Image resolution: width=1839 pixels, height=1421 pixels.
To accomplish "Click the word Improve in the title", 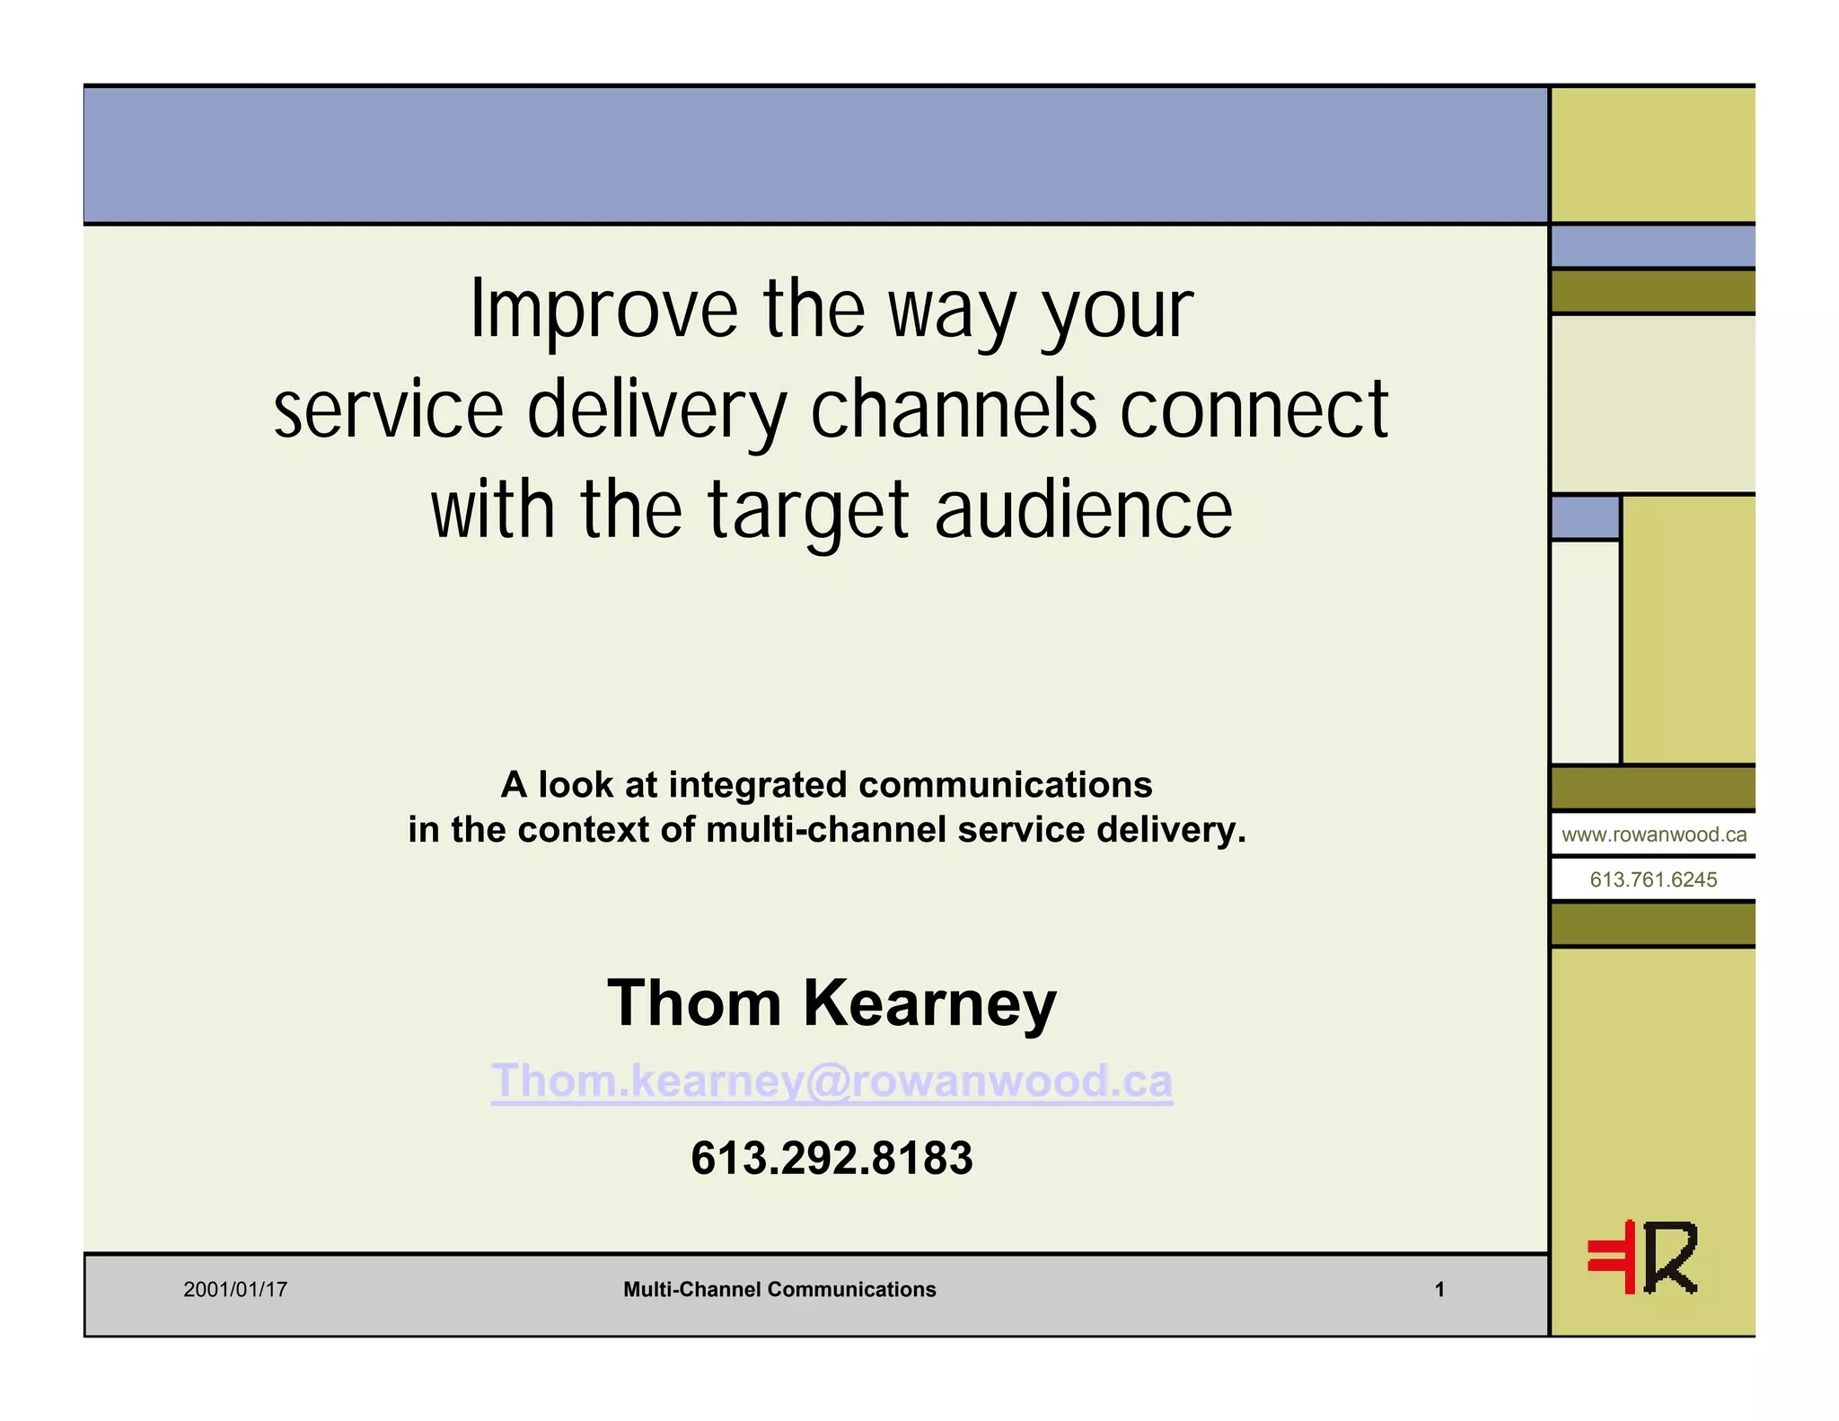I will [603, 310].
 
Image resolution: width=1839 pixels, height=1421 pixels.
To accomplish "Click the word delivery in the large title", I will [656, 411].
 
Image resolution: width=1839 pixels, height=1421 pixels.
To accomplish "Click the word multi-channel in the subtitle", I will [825, 830].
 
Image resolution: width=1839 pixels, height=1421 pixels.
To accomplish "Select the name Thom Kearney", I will [832, 1002].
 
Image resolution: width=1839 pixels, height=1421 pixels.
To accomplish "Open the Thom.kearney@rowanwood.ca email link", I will [832, 1081].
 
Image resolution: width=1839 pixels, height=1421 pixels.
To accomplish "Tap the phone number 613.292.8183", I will [832, 1158].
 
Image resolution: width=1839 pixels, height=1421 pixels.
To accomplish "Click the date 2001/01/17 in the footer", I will [235, 1290].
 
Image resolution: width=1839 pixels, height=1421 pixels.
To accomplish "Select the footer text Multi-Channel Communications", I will [779, 1290].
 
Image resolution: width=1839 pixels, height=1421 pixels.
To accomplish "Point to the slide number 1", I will [1439, 1290].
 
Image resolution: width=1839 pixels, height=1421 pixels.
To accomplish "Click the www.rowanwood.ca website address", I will [1654, 834].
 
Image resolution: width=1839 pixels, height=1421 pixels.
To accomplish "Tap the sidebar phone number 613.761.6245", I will [1653, 879].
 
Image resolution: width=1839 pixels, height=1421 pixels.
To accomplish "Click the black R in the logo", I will [1671, 1258].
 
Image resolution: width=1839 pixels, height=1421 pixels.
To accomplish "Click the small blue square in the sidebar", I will [1585, 517].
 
